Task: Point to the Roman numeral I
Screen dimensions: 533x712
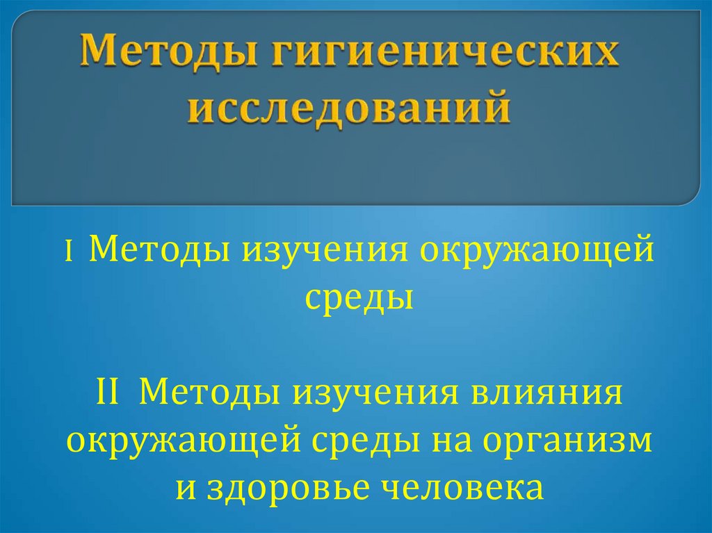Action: tap(70, 250)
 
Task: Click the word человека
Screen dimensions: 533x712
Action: tap(462, 489)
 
